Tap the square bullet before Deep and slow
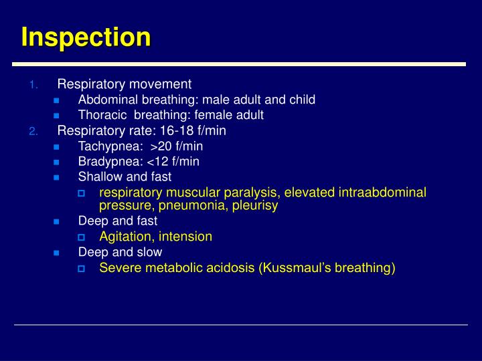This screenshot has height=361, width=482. (56, 253)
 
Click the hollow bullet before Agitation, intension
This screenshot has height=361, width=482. (80, 237)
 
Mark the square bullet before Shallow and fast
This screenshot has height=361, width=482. (56, 177)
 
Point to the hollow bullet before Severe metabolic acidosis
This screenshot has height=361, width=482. (80, 269)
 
